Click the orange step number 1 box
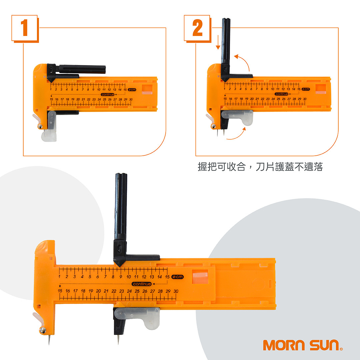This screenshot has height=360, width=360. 25,28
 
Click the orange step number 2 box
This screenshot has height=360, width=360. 197,28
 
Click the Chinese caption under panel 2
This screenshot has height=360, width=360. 260,167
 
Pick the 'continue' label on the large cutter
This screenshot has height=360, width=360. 142,284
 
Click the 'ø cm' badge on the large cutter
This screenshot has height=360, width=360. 178,277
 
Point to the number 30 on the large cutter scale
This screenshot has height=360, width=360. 176,291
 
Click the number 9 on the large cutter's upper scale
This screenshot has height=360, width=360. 121,277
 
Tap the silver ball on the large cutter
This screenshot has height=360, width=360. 43,330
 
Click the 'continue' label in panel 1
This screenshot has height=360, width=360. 108,95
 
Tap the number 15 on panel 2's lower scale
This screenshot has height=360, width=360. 225,99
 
